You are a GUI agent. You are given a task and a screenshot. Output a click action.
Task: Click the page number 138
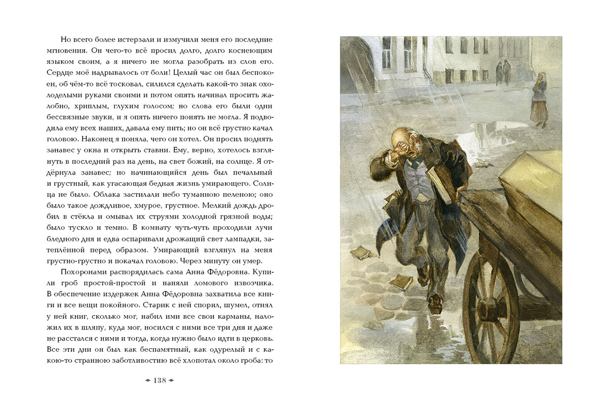coord(160,381)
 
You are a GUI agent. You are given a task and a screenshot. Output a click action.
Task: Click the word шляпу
coord(95,327)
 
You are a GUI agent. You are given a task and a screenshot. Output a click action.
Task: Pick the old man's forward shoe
coord(434,305)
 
